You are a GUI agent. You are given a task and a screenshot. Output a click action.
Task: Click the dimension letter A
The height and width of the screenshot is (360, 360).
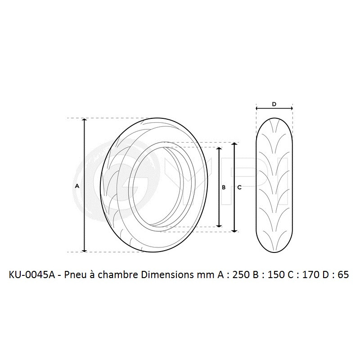(x=77, y=185)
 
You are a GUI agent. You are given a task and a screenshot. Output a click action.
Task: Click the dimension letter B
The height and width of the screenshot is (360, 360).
(x=224, y=188)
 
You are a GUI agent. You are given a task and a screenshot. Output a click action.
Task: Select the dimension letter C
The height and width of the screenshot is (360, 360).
(x=239, y=188)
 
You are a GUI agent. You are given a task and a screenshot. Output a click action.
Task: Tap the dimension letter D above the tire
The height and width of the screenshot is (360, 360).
(x=274, y=104)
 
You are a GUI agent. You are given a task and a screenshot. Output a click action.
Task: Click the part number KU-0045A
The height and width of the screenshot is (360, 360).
(x=31, y=275)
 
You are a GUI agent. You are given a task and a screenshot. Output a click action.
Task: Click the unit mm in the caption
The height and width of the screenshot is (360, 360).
(x=198, y=275)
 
